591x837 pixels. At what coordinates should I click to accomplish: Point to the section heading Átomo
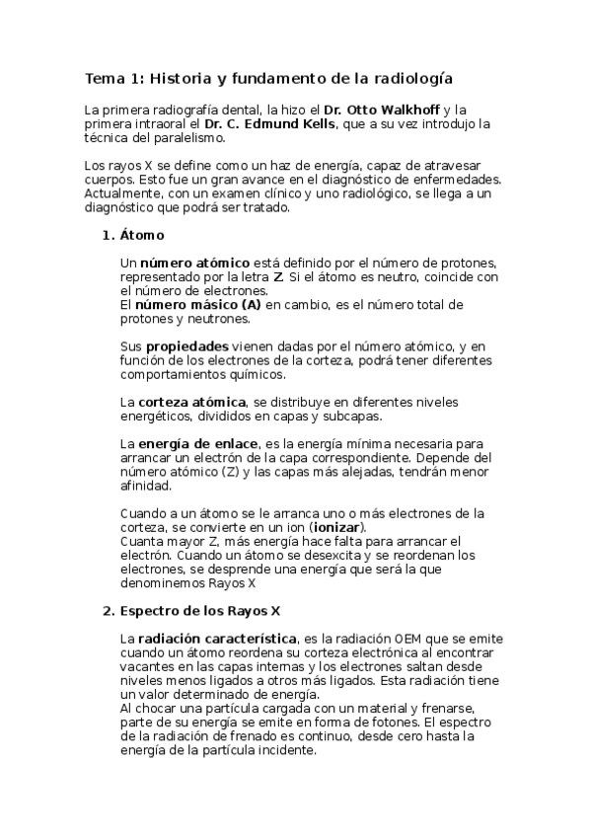point(142,236)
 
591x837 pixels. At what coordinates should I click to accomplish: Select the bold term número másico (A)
point(198,305)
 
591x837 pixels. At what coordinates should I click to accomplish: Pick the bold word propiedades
point(187,346)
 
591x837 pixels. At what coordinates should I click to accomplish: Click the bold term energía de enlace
point(198,443)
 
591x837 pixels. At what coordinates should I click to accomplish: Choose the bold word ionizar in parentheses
point(333,527)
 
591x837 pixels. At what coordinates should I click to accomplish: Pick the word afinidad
point(145,486)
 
